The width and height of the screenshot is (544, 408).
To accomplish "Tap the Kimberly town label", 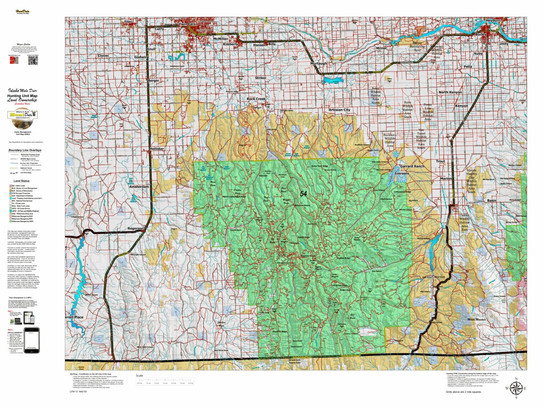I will [x=231, y=44].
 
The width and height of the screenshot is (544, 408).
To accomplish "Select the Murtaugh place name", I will [x=318, y=64].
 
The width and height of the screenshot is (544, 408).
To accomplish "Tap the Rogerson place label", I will [x=136, y=228].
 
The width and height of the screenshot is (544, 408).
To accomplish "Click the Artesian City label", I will [x=339, y=110].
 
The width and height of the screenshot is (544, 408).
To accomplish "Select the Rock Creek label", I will [x=256, y=99].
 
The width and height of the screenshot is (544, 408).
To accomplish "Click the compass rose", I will [x=515, y=388].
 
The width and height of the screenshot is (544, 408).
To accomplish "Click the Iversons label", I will [x=402, y=173].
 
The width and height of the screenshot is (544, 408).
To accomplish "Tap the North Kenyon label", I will [x=450, y=92].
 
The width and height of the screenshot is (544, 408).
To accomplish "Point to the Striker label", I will [x=260, y=78].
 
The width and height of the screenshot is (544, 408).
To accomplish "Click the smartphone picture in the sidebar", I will [x=31, y=340].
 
